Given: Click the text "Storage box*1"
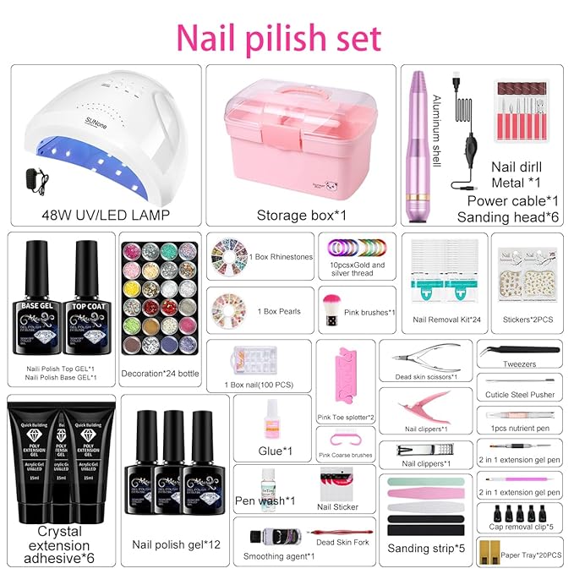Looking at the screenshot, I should (x=296, y=215).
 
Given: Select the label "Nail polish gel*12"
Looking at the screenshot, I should (x=177, y=544).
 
